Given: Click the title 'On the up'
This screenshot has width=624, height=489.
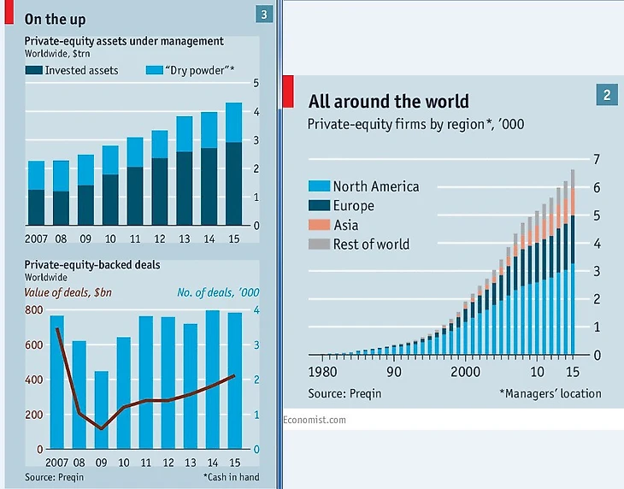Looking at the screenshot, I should tap(55, 18).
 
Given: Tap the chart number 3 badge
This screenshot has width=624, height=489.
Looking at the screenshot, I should tap(263, 14).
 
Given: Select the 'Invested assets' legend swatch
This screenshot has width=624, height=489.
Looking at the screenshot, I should tap(33, 70).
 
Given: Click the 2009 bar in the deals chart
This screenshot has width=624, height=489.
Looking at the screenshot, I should tap(102, 409).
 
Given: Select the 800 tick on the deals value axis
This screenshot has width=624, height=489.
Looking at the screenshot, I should tap(32, 309).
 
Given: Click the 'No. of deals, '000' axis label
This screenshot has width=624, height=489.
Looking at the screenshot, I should tap(218, 292).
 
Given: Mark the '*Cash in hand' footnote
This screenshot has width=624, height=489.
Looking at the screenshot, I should tap(231, 477).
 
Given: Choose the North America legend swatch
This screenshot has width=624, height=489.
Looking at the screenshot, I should tap(318, 186).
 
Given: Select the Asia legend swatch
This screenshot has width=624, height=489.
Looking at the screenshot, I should tap(318, 225).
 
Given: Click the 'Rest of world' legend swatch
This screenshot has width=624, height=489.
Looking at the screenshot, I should tap(318, 244).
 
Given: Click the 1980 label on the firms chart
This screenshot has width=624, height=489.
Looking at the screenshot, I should tap(323, 373).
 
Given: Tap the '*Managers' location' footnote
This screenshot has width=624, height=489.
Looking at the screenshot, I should tap(550, 393).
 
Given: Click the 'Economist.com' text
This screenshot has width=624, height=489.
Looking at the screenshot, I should tap(315, 420).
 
